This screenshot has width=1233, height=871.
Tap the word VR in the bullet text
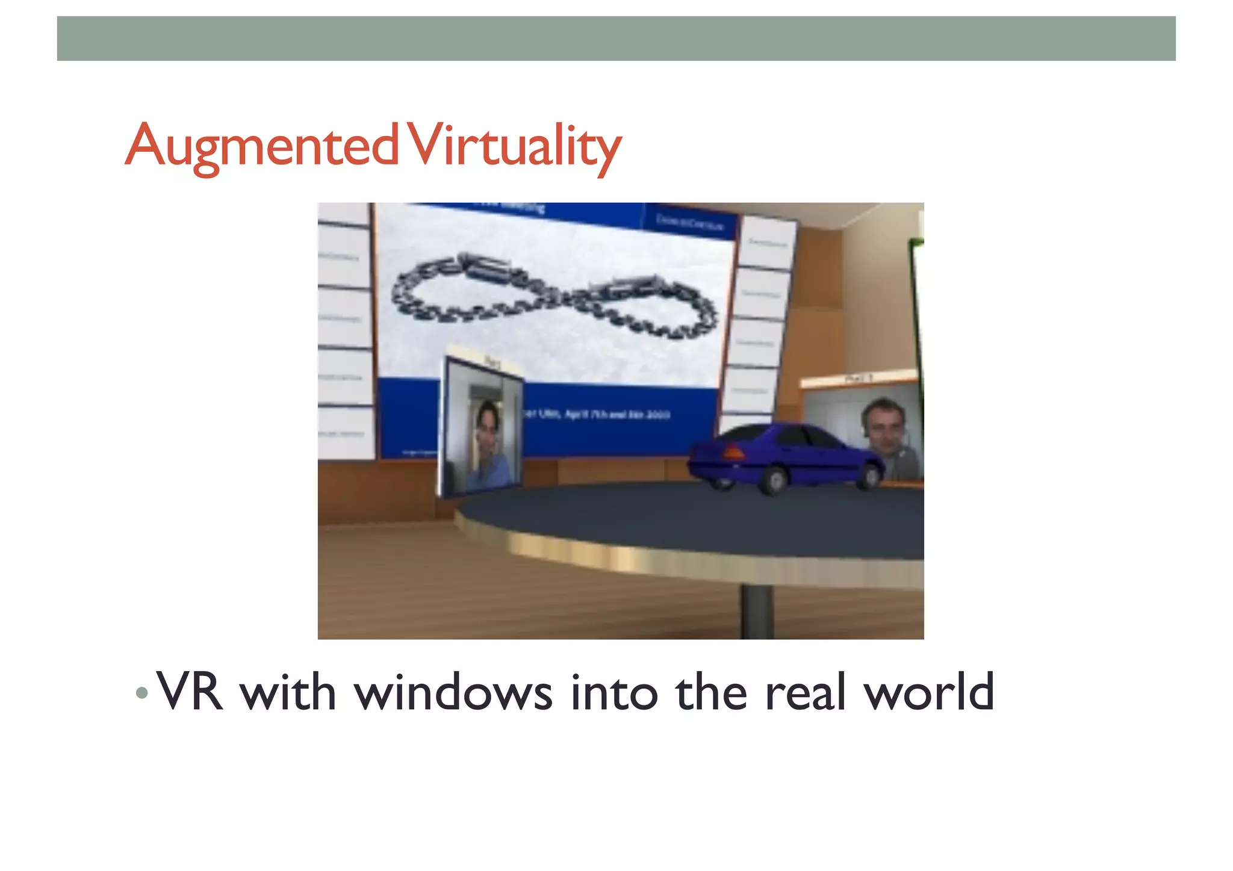pos(190,692)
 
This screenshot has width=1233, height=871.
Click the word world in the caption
pos(928,692)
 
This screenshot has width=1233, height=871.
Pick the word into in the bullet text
pos(613,692)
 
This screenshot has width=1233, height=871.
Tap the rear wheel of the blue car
pos(775,480)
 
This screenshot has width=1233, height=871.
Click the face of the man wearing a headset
pos(883,427)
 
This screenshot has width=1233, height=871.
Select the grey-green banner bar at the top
pos(616,39)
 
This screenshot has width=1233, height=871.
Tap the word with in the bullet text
pos(287,692)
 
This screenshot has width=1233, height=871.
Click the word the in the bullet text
pos(710,692)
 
